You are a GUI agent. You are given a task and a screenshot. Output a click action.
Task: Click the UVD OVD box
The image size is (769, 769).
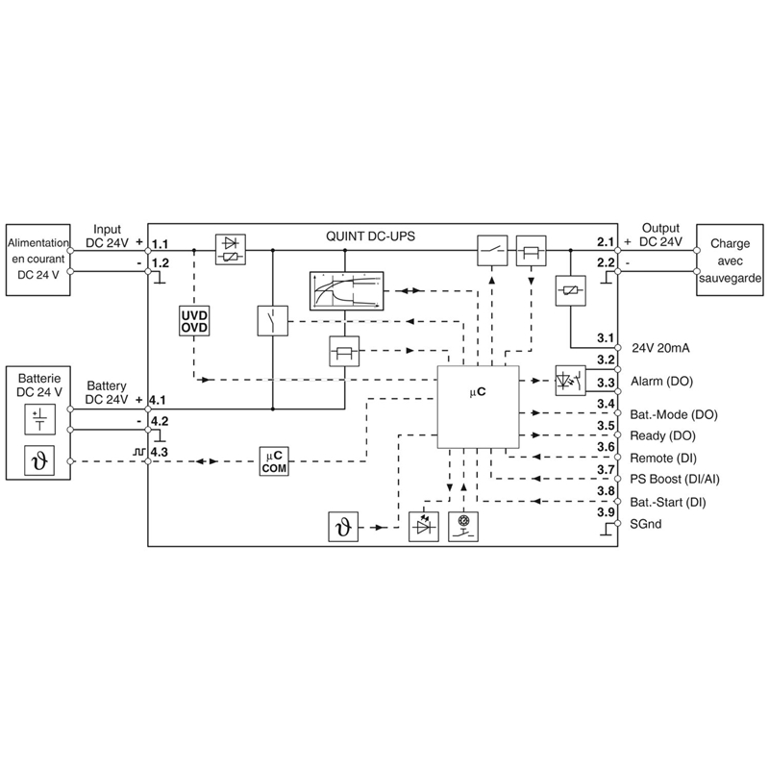193,321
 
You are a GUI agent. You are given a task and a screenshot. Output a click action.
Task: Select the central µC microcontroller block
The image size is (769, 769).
478,408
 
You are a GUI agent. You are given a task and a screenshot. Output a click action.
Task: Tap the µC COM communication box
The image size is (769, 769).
273,460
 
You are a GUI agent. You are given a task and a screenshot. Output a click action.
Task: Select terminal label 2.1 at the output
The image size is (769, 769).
605,241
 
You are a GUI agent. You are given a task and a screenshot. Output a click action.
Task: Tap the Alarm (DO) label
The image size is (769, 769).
660,382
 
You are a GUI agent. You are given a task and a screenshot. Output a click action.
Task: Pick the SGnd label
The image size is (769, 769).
646,524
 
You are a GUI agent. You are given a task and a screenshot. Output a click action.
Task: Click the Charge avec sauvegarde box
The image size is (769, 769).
730,260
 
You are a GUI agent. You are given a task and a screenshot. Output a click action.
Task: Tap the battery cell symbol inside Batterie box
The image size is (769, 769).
39,418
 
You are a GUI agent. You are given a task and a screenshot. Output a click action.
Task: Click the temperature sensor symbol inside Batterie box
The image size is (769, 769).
39,462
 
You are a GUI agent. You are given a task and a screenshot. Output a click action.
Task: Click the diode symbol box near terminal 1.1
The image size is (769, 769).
230,250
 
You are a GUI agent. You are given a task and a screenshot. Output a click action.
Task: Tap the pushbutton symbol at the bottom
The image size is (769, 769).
462,527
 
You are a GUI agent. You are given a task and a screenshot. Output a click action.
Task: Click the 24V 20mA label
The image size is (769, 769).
661,348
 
